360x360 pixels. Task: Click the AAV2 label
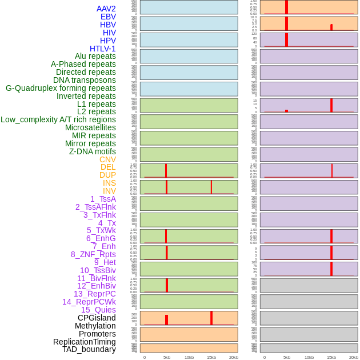click(x=106, y=9)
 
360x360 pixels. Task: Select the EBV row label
click(x=108, y=17)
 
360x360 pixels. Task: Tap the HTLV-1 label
click(x=103, y=49)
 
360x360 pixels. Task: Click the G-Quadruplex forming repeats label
click(x=61, y=88)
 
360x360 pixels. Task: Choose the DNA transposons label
click(x=85, y=80)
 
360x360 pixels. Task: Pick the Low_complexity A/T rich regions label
click(x=58, y=119)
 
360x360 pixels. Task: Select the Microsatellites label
click(x=90, y=127)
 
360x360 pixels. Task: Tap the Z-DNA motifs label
click(x=93, y=151)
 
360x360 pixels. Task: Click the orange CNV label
click(x=107, y=159)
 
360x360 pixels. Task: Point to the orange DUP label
click(x=107, y=175)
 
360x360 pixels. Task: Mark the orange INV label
click(x=109, y=191)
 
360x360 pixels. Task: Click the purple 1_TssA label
click(x=103, y=199)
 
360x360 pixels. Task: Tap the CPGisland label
click(x=97, y=318)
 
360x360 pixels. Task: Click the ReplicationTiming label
click(x=85, y=342)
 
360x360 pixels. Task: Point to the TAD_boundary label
click(x=89, y=349)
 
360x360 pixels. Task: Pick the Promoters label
click(x=97, y=334)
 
